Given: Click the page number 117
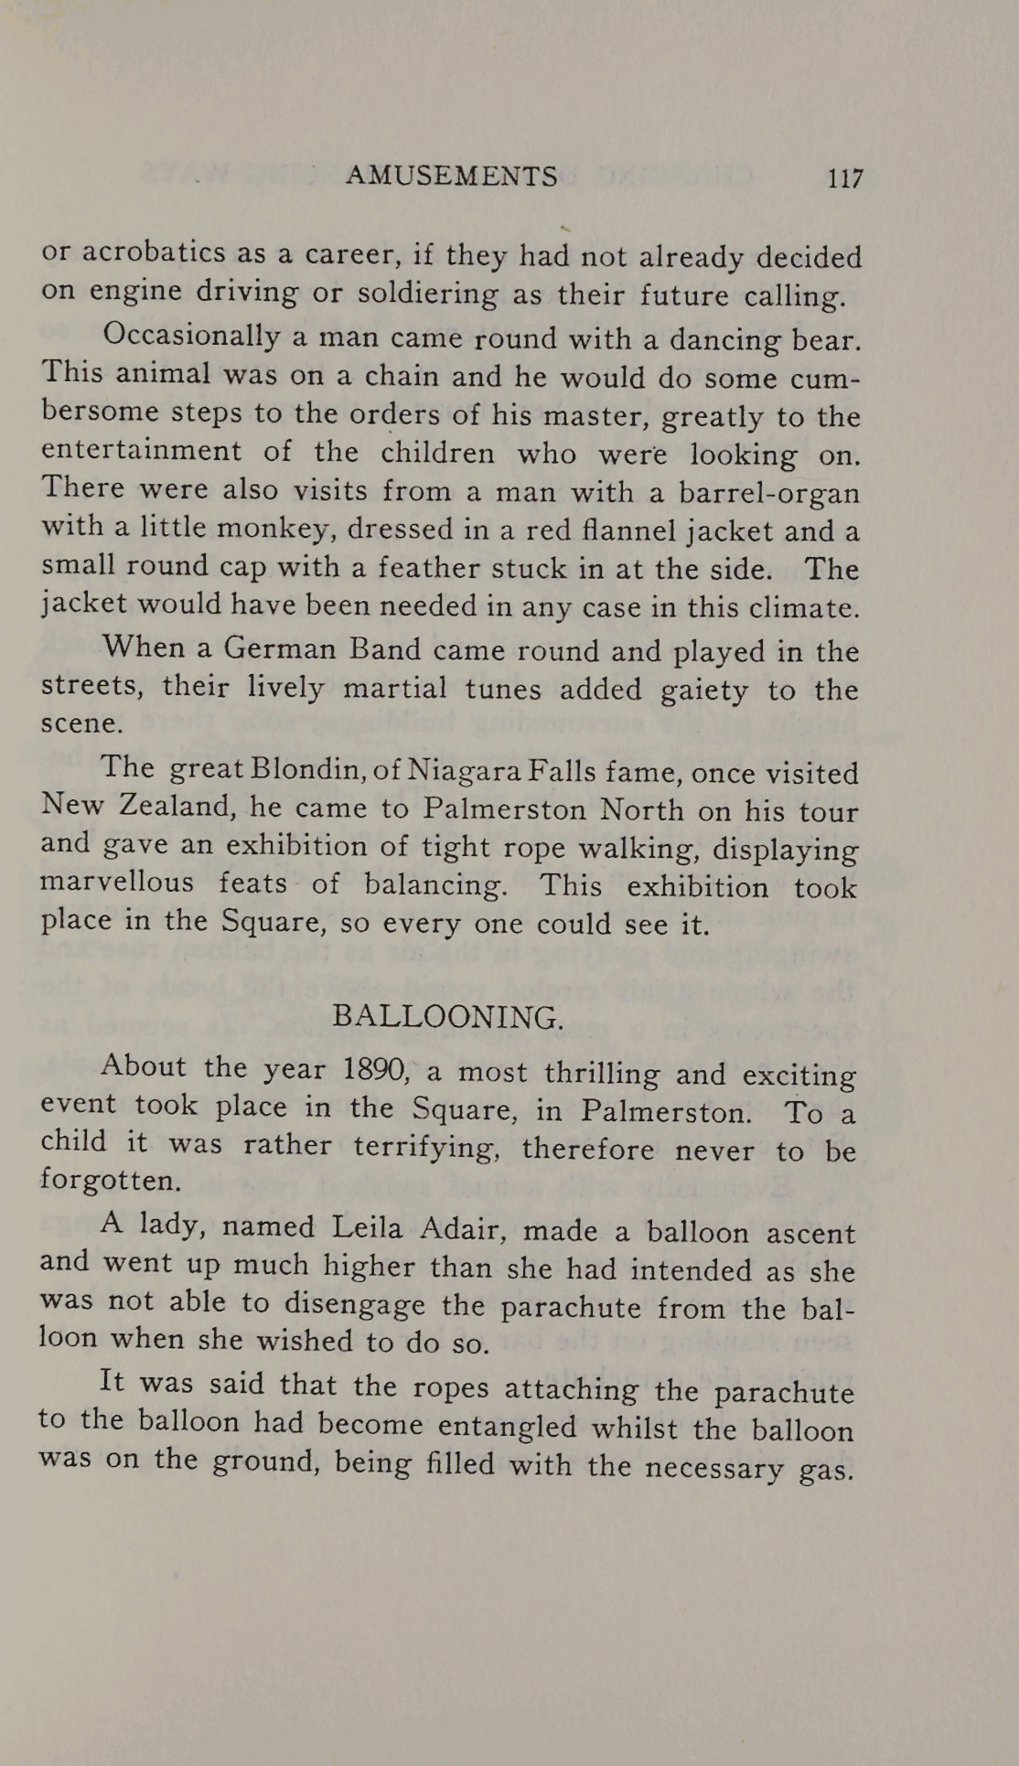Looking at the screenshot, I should tap(844, 177).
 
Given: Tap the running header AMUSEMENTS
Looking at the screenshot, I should tap(452, 176).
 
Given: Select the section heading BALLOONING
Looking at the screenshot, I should tap(447, 1017).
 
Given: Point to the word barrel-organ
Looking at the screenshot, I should tap(768, 492).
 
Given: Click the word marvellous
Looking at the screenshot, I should tap(117, 883).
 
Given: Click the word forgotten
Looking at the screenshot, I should tap(110, 1180).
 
